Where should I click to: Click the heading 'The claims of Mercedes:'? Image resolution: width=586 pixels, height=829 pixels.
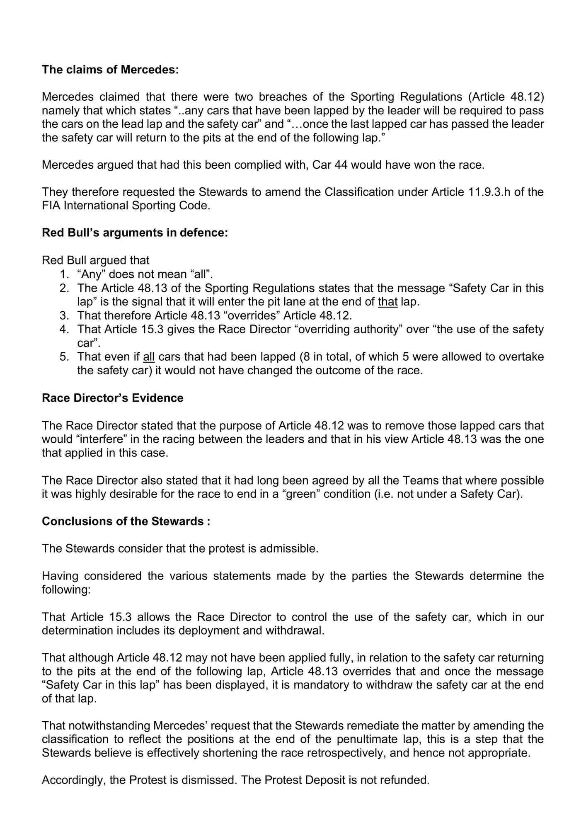[110, 70]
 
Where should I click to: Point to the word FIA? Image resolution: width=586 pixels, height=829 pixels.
[51, 206]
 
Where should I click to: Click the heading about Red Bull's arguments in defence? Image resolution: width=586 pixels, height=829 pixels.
[135, 233]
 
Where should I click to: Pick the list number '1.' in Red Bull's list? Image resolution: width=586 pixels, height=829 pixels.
[64, 274]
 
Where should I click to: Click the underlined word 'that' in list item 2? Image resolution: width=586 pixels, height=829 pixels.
[387, 302]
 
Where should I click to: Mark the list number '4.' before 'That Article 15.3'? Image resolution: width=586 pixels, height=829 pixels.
[64, 329]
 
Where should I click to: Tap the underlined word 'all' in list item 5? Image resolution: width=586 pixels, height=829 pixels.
[149, 356]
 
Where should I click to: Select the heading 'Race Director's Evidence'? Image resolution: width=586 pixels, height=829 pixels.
[112, 398]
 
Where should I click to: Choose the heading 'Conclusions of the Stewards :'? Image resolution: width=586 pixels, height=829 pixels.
[126, 521]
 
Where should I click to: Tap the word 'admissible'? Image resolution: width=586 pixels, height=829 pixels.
[289, 548]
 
